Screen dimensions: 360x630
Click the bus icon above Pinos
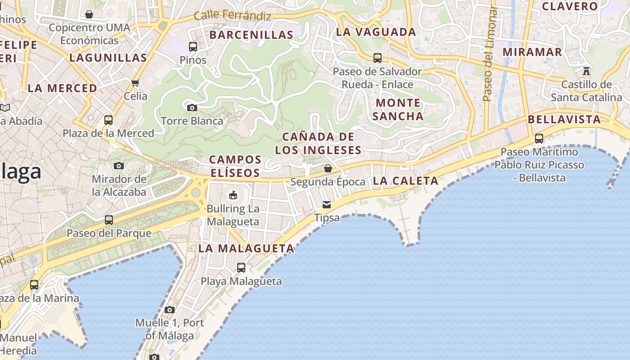point(193,46)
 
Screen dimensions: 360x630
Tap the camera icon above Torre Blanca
point(192,108)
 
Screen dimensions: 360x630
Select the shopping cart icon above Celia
point(135,83)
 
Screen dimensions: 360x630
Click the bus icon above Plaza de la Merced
point(108,120)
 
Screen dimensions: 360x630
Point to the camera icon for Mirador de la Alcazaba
point(119,166)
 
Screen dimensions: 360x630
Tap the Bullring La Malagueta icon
point(233,195)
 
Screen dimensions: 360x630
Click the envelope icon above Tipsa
point(327,205)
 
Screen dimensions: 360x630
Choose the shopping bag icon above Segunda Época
point(328,168)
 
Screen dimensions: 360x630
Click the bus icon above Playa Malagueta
point(241,268)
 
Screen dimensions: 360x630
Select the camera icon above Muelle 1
point(170,310)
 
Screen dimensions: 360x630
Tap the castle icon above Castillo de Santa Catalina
point(586,71)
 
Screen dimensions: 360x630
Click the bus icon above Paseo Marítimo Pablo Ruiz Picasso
point(539,139)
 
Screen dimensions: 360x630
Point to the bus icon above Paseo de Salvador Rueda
point(378,58)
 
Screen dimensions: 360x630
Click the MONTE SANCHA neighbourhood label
point(398,109)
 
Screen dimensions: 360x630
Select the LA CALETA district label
point(405,181)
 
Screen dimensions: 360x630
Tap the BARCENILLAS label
point(252,35)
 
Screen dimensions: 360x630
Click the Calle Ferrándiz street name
point(233,16)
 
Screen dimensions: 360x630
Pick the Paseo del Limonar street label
point(489,54)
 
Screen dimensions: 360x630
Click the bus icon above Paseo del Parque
point(109,220)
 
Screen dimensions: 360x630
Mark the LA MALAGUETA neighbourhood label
point(247,248)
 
